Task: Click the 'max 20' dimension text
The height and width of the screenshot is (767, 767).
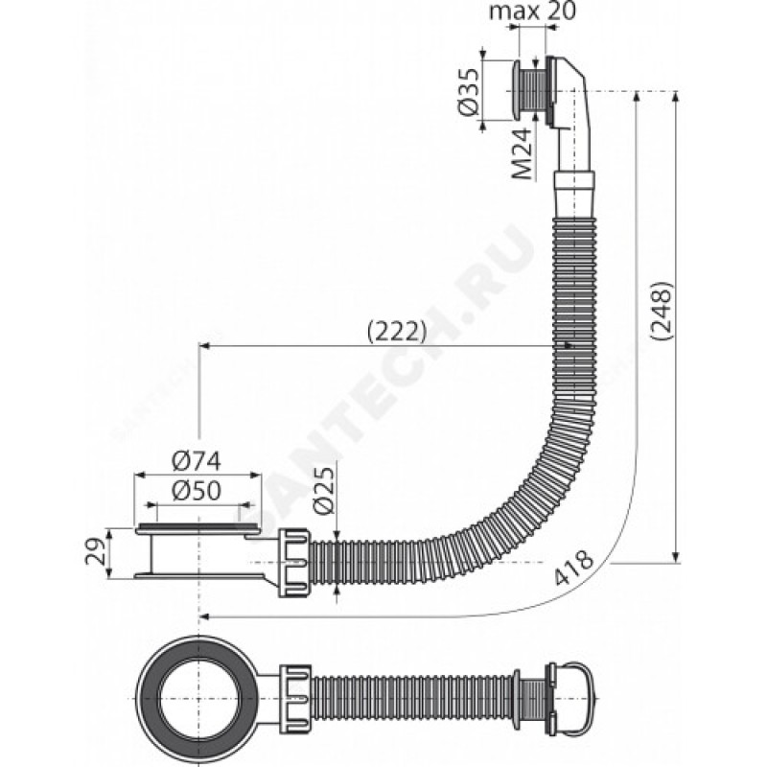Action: [x=533, y=12]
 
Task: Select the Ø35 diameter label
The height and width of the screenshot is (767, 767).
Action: [x=469, y=91]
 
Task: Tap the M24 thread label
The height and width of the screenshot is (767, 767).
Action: [x=523, y=154]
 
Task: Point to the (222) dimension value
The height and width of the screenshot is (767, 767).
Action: [x=397, y=332]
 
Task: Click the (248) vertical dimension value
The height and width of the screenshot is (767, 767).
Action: [x=662, y=310]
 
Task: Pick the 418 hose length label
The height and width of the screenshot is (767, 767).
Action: [x=573, y=568]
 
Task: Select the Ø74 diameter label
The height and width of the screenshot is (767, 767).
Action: [x=198, y=461]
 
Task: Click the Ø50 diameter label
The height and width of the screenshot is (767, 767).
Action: [x=198, y=490]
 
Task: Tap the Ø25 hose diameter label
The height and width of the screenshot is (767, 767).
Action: [x=325, y=490]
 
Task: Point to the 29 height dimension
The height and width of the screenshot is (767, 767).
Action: [x=95, y=552]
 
